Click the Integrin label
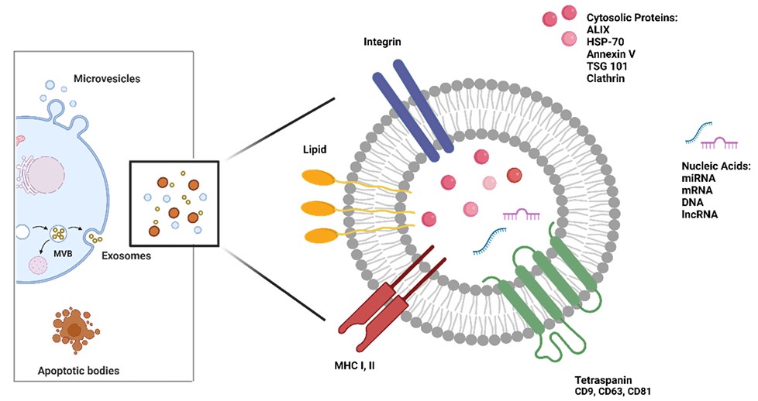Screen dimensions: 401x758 pos(385,39)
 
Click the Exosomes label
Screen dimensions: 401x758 pos(128,254)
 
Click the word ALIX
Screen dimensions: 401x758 pos(598,29)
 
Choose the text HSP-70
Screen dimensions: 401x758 pos(605,42)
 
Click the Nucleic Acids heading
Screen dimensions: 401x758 pos(715,166)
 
